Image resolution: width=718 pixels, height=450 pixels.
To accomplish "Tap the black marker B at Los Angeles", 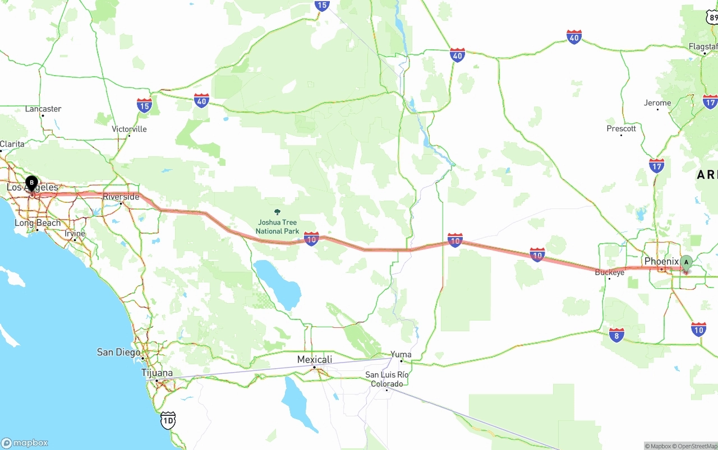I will (x=32, y=183).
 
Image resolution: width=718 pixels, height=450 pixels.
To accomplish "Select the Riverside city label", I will (x=121, y=197).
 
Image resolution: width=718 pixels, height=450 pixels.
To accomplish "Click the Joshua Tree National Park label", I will (x=277, y=227).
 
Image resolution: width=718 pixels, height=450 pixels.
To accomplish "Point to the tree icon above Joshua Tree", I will (x=277, y=212).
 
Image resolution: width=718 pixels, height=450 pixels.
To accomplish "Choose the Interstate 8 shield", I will (x=616, y=335).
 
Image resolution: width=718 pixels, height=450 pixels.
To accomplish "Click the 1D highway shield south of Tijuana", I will (x=168, y=420).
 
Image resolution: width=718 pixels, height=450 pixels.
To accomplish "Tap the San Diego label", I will (x=118, y=352).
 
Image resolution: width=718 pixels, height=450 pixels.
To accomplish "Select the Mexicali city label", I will (x=314, y=359).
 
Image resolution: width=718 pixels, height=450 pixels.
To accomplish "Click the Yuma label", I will (x=401, y=354).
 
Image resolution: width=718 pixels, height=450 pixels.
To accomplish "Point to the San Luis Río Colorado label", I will (x=386, y=379).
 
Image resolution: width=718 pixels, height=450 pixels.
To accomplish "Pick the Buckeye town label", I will (x=609, y=272).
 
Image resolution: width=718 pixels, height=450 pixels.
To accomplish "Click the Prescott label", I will (x=621, y=128).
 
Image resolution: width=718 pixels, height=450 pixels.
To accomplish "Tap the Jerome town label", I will (x=657, y=103).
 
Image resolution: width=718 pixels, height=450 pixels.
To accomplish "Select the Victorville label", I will (x=129, y=129).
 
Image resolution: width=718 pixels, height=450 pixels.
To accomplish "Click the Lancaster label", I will (x=43, y=109).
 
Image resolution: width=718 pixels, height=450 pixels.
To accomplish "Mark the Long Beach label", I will (x=37, y=223).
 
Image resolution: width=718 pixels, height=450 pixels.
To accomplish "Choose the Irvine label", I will (x=75, y=233).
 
